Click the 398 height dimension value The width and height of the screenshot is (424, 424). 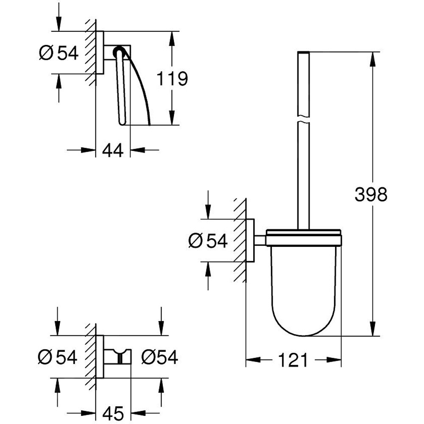pos(371,195)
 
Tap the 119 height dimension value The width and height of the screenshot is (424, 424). pos(172,79)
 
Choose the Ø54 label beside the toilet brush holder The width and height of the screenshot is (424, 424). pos(208,241)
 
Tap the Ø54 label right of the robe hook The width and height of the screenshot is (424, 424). pos(159,357)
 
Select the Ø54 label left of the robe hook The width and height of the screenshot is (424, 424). pos(58,357)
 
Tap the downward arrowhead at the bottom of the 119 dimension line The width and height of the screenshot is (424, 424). pos(172,118)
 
